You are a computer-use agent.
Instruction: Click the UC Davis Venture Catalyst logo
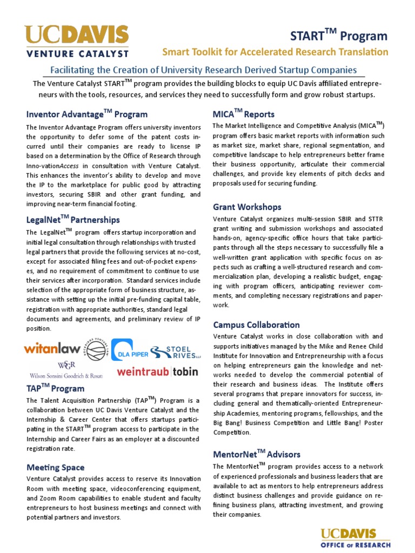pos(76,41)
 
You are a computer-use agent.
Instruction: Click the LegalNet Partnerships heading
pos(73,220)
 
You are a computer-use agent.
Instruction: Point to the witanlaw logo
pos(52,348)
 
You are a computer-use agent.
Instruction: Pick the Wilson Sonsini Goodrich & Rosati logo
pos(66,370)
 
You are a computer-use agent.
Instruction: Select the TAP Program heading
pos(55,388)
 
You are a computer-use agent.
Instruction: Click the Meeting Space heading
pos(55,467)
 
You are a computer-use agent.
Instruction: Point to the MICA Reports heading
pos(244,114)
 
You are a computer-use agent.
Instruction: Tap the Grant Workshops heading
pos(247,207)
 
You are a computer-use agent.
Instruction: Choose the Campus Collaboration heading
pos(256,325)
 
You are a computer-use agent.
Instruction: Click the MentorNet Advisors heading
pos(257,454)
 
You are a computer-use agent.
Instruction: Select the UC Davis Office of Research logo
pos(356,538)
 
